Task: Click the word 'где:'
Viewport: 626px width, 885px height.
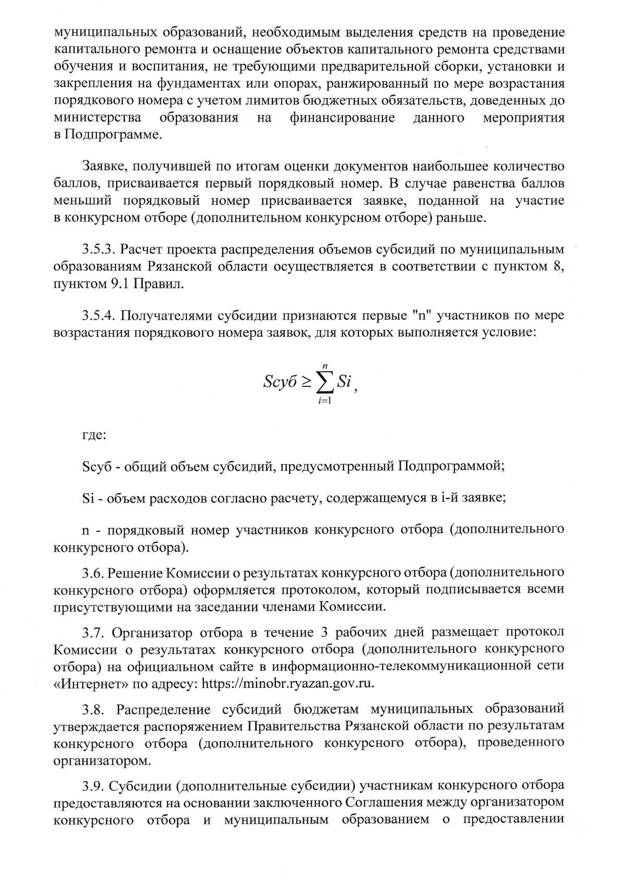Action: pos(94,434)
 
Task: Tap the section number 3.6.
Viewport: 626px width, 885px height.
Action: pos(93,573)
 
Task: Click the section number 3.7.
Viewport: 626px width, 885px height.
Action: pos(93,633)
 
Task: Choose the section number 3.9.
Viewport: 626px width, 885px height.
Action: pos(93,785)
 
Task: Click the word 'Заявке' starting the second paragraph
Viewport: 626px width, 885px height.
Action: pos(105,167)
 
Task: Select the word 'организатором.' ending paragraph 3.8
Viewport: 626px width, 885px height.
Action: pos(102,761)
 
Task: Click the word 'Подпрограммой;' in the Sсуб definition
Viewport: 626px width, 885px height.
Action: pos(452,466)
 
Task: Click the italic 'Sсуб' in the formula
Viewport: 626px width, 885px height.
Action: pos(280,382)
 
